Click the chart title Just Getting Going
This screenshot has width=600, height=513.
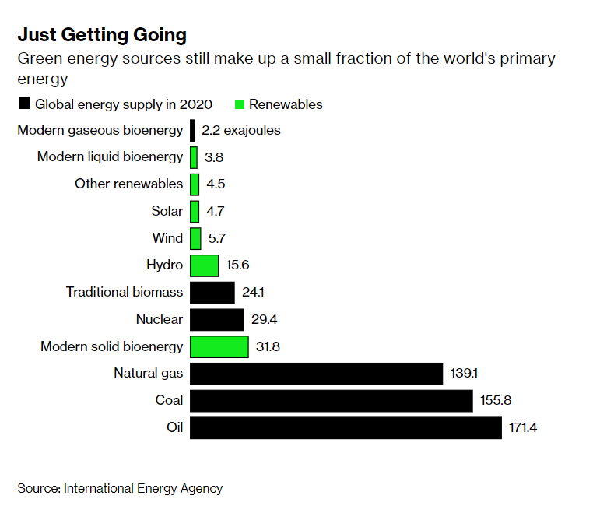(x=102, y=35)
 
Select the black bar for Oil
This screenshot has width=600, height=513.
(x=346, y=427)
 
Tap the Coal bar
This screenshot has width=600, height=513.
(x=332, y=401)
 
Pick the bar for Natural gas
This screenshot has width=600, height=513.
(x=316, y=374)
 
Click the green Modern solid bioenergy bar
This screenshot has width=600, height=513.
(x=219, y=346)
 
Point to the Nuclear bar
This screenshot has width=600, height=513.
(x=216, y=319)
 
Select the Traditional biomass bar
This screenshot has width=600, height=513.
(x=212, y=293)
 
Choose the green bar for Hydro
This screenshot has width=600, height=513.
(x=204, y=265)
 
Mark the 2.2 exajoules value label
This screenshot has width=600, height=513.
(x=240, y=131)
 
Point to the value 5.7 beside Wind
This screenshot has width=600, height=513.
(x=216, y=238)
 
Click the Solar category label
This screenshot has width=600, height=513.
(x=167, y=211)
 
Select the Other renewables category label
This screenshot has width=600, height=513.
(x=128, y=184)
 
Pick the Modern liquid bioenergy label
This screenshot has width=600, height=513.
(x=110, y=157)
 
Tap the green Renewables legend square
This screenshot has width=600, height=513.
(x=240, y=104)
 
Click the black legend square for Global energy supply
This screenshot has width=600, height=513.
(x=24, y=104)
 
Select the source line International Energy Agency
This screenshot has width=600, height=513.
(x=120, y=488)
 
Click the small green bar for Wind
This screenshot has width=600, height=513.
(x=195, y=238)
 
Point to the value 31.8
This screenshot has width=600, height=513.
(x=268, y=346)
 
